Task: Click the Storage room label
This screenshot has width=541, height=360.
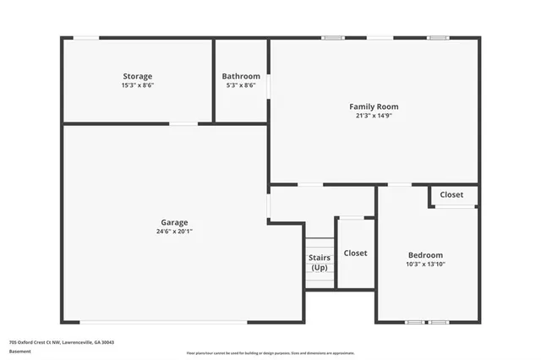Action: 137,76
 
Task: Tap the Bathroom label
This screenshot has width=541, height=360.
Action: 241,76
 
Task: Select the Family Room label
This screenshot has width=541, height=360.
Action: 374,106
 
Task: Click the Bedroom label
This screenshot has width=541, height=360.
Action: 425,255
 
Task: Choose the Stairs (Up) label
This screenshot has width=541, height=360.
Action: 320,262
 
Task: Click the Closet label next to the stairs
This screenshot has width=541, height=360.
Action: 355,253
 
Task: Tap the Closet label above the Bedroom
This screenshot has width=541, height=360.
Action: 451,194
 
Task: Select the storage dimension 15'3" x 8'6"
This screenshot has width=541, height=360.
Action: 137,85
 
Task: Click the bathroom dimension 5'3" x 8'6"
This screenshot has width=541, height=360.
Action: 241,85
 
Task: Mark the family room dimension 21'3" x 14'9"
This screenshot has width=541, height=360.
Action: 374,116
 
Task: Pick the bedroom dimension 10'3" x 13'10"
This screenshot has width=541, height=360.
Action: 425,265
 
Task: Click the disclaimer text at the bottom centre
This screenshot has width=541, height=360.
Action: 270,352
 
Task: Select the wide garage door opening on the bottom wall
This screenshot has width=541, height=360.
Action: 164,321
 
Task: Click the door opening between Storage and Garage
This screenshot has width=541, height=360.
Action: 183,124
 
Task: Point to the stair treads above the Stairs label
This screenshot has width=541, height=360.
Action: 320,244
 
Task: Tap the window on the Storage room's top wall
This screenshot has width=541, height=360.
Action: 85,37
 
